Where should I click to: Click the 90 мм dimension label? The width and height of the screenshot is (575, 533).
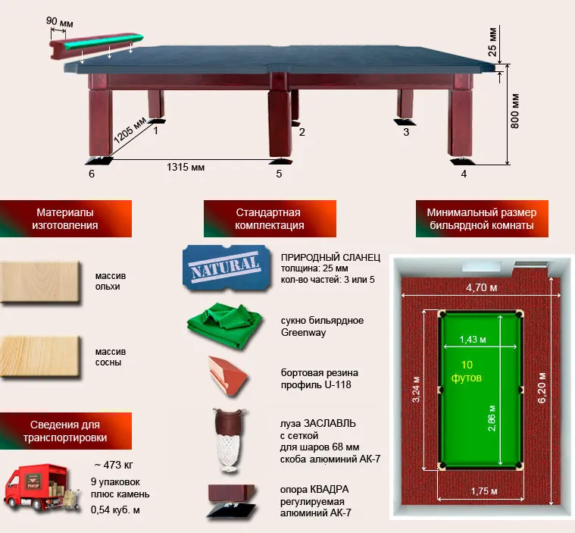click(59, 22)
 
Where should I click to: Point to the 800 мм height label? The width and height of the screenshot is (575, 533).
click(515, 111)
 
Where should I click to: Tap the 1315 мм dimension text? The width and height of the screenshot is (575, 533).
click(186, 167)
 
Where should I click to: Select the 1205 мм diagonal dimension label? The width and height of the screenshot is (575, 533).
click(130, 130)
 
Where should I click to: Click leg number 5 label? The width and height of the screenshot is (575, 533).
click(279, 174)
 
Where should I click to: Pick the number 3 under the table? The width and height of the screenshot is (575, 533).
click(406, 132)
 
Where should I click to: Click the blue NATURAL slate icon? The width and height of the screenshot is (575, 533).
click(227, 268)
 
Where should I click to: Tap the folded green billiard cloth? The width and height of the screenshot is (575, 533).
click(225, 325)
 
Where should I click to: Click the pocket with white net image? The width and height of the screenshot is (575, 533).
click(230, 440)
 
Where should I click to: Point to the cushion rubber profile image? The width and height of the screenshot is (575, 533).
click(228, 376)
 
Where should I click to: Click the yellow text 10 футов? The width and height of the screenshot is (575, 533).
click(467, 371)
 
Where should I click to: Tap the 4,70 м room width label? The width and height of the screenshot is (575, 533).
click(482, 287)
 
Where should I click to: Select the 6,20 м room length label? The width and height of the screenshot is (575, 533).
click(542, 387)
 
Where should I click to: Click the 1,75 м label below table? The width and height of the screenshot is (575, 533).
click(484, 491)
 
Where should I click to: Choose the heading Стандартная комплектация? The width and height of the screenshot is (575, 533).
click(270, 218)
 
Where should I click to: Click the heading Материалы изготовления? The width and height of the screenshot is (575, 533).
click(65, 218)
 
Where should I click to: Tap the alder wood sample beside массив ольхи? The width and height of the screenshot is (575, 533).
click(40, 282)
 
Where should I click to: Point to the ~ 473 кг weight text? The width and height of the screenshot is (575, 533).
click(114, 465)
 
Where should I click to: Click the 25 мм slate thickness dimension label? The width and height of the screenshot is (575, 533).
click(492, 42)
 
